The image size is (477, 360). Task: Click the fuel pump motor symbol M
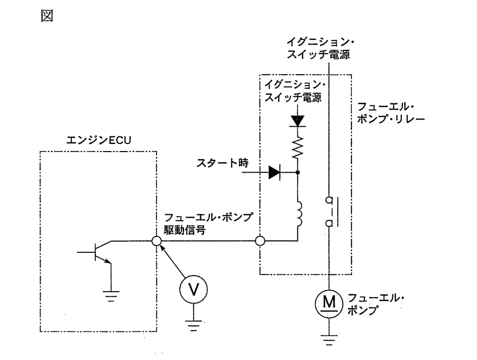[329, 304]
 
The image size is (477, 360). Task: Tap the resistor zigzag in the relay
[298, 147]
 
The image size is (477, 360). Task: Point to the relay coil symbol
[298, 214]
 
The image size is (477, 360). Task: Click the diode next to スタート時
[275, 172]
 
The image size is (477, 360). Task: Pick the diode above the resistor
[298, 121]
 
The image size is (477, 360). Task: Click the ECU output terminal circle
[156, 241]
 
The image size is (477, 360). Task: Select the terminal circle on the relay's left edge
[260, 241]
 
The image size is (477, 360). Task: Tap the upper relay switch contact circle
[329, 200]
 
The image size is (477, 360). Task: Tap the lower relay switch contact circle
[329, 224]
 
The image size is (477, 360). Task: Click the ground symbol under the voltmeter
[193, 325]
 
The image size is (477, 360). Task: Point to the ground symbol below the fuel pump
[329, 340]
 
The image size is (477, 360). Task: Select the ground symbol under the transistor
[111, 296]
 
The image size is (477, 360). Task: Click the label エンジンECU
[99, 140]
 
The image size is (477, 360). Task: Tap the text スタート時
[223, 163]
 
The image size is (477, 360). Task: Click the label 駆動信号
[185, 230]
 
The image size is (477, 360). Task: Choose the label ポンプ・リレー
[391, 119]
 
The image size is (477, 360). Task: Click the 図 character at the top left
[47, 16]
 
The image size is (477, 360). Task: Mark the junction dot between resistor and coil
[298, 172]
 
